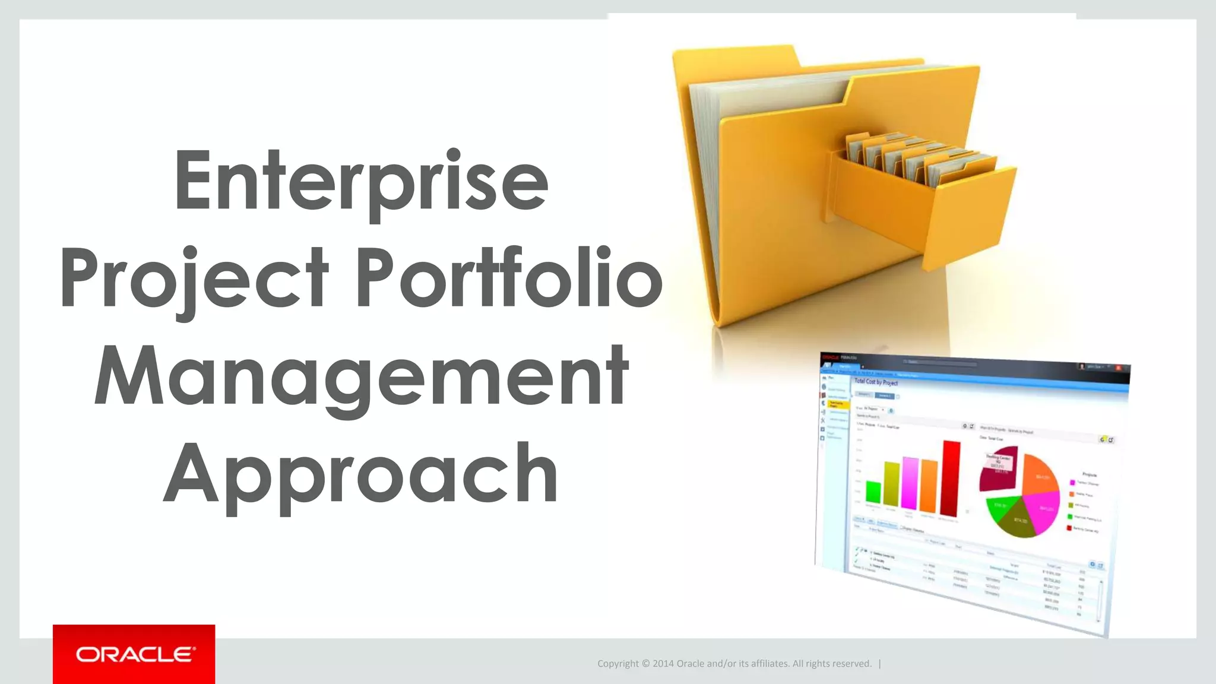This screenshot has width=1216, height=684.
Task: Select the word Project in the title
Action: pos(194,279)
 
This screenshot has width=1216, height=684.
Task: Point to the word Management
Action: pos(361,376)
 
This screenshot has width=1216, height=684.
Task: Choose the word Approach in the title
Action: pos(361,474)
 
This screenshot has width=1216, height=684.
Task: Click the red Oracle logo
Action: pos(134,654)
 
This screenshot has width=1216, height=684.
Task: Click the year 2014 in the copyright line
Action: pos(663,664)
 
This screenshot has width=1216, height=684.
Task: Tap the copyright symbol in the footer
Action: pos(645,664)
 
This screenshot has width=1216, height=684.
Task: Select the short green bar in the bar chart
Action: pos(873,492)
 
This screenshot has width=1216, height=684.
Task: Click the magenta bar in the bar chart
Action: pos(910,483)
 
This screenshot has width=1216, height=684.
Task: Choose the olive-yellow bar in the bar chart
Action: pos(892,483)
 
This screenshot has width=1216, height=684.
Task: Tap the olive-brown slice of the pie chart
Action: pos(1019,520)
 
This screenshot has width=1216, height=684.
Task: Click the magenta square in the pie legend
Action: pos(1073,483)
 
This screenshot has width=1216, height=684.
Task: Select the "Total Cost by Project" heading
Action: pos(876,382)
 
